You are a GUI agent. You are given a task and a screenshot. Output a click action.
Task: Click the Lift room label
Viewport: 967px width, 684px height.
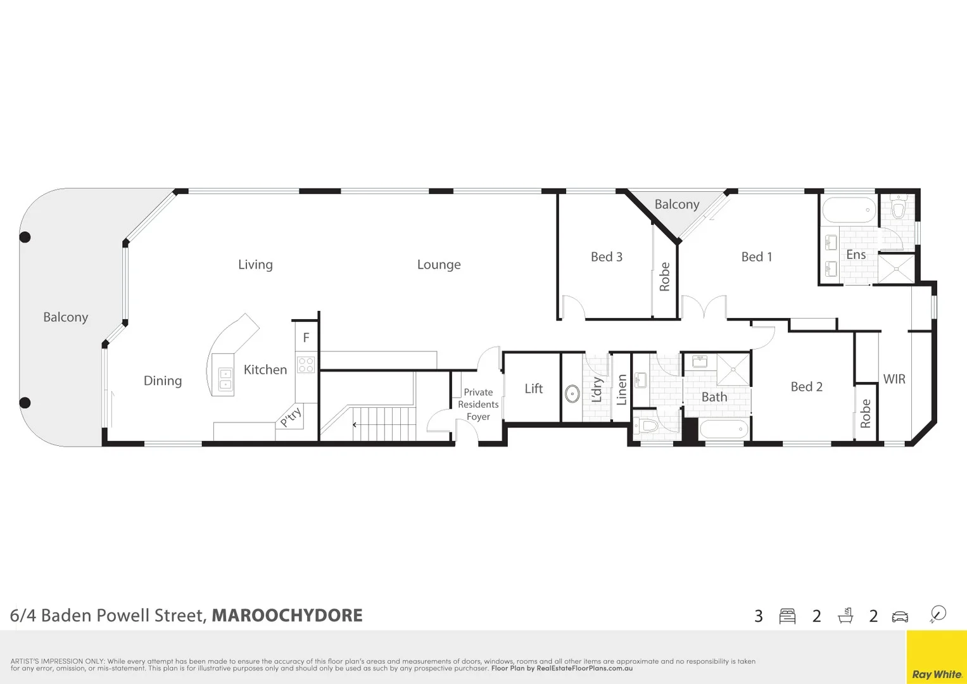(x=533, y=388)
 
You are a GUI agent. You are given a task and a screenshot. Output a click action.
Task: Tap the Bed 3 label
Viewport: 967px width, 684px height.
(x=606, y=256)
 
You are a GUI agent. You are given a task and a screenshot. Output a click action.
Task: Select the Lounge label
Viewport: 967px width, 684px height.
(x=439, y=265)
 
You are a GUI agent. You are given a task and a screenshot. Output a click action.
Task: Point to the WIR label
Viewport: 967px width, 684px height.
(x=894, y=379)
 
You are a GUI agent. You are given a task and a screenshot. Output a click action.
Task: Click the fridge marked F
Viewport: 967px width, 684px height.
(x=306, y=338)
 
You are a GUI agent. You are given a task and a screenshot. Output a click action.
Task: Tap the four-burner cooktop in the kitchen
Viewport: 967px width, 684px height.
(x=306, y=365)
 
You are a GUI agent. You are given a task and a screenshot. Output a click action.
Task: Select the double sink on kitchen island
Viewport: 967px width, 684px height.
(x=225, y=379)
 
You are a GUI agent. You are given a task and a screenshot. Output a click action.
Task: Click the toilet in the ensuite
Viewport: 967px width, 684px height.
(x=898, y=206)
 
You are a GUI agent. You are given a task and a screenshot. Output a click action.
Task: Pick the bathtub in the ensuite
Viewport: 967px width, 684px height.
(x=849, y=210)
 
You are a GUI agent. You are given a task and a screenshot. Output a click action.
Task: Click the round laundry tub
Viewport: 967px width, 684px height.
(x=572, y=393)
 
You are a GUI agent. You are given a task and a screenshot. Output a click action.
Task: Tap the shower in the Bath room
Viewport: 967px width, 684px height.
(x=733, y=369)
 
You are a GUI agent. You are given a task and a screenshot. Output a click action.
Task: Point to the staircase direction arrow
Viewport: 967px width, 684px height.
(x=355, y=424)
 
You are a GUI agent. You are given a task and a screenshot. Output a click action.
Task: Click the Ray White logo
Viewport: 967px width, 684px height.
(x=937, y=674)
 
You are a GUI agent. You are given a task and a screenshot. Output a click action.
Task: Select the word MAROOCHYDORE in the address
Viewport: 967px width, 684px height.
(x=287, y=616)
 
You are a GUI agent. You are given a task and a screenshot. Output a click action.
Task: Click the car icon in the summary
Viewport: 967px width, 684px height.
(x=899, y=616)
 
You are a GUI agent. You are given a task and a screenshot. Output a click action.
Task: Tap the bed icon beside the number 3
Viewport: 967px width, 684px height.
(x=787, y=616)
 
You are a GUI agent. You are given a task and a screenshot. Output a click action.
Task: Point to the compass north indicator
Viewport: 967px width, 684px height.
(x=938, y=614)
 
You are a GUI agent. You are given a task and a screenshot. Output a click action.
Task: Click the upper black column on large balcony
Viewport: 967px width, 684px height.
(x=25, y=237)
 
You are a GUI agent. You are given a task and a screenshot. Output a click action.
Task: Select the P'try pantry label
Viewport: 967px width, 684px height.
(x=290, y=417)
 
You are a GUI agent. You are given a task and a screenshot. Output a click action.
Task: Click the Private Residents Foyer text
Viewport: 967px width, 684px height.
(x=478, y=404)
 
